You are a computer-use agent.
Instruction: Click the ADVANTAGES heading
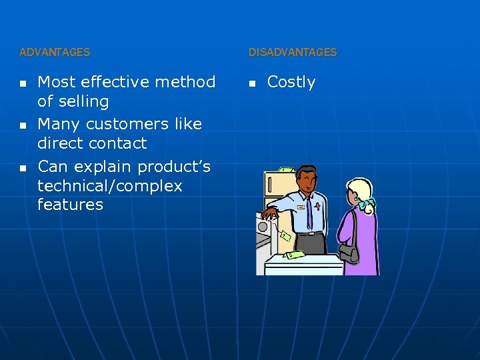pos(55,52)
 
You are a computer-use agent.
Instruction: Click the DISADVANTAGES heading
pos(293,52)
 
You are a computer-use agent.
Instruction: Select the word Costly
pos(291,82)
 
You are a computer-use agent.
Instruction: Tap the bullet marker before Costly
pos(252,83)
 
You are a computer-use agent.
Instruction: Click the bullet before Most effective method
pos(23,83)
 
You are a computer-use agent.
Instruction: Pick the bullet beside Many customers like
pos(23,125)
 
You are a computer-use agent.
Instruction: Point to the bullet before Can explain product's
pos(23,167)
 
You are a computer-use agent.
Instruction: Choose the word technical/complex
pos(110,186)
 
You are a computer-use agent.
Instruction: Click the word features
pos(70,205)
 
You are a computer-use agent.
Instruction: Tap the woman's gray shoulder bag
pos(349,253)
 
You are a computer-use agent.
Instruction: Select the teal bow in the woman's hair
pos(366,205)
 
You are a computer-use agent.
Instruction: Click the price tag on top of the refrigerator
pos(286,170)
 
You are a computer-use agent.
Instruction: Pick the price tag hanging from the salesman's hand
pos(285,235)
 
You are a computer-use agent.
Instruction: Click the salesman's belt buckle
pos(309,233)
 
